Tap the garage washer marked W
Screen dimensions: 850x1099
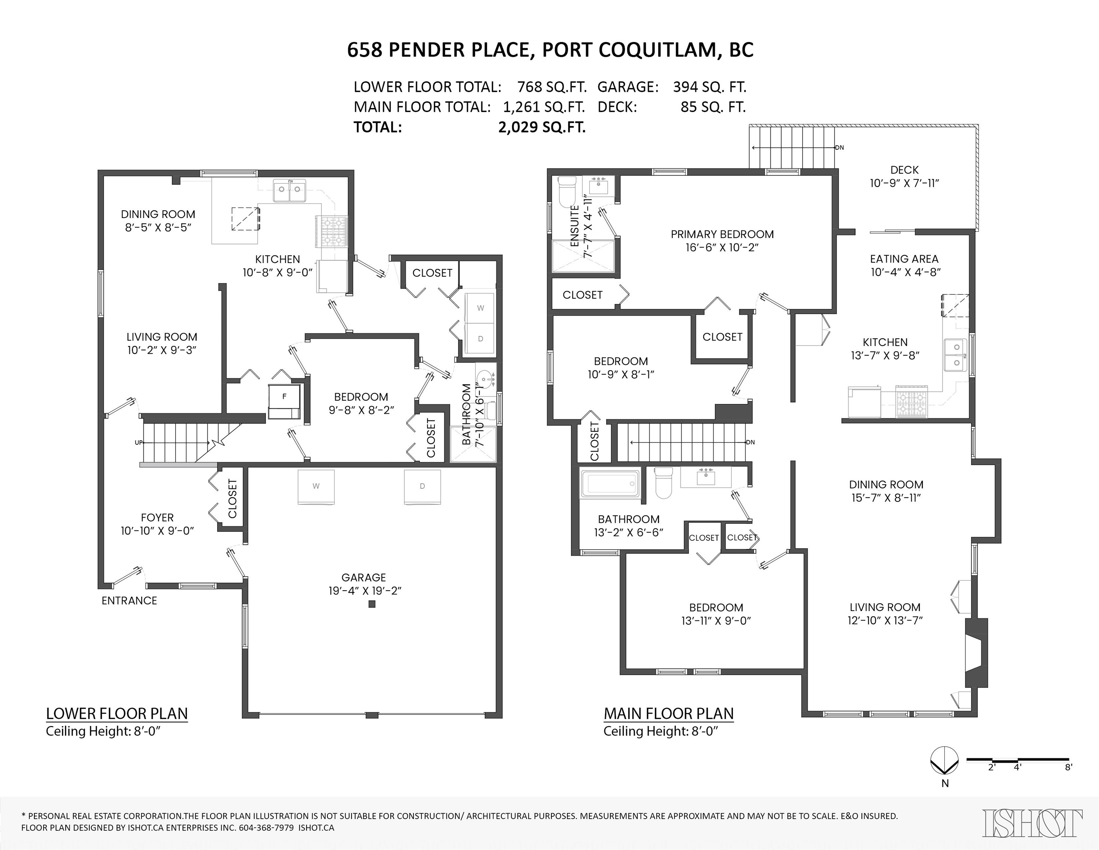316,487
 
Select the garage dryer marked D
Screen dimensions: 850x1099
422,487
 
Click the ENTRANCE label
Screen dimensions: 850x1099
129,600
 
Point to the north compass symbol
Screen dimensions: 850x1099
944,760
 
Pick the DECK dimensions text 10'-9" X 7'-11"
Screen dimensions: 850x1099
904,183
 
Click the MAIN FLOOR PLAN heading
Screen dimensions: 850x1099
668,713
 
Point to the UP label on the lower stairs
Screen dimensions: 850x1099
138,443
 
